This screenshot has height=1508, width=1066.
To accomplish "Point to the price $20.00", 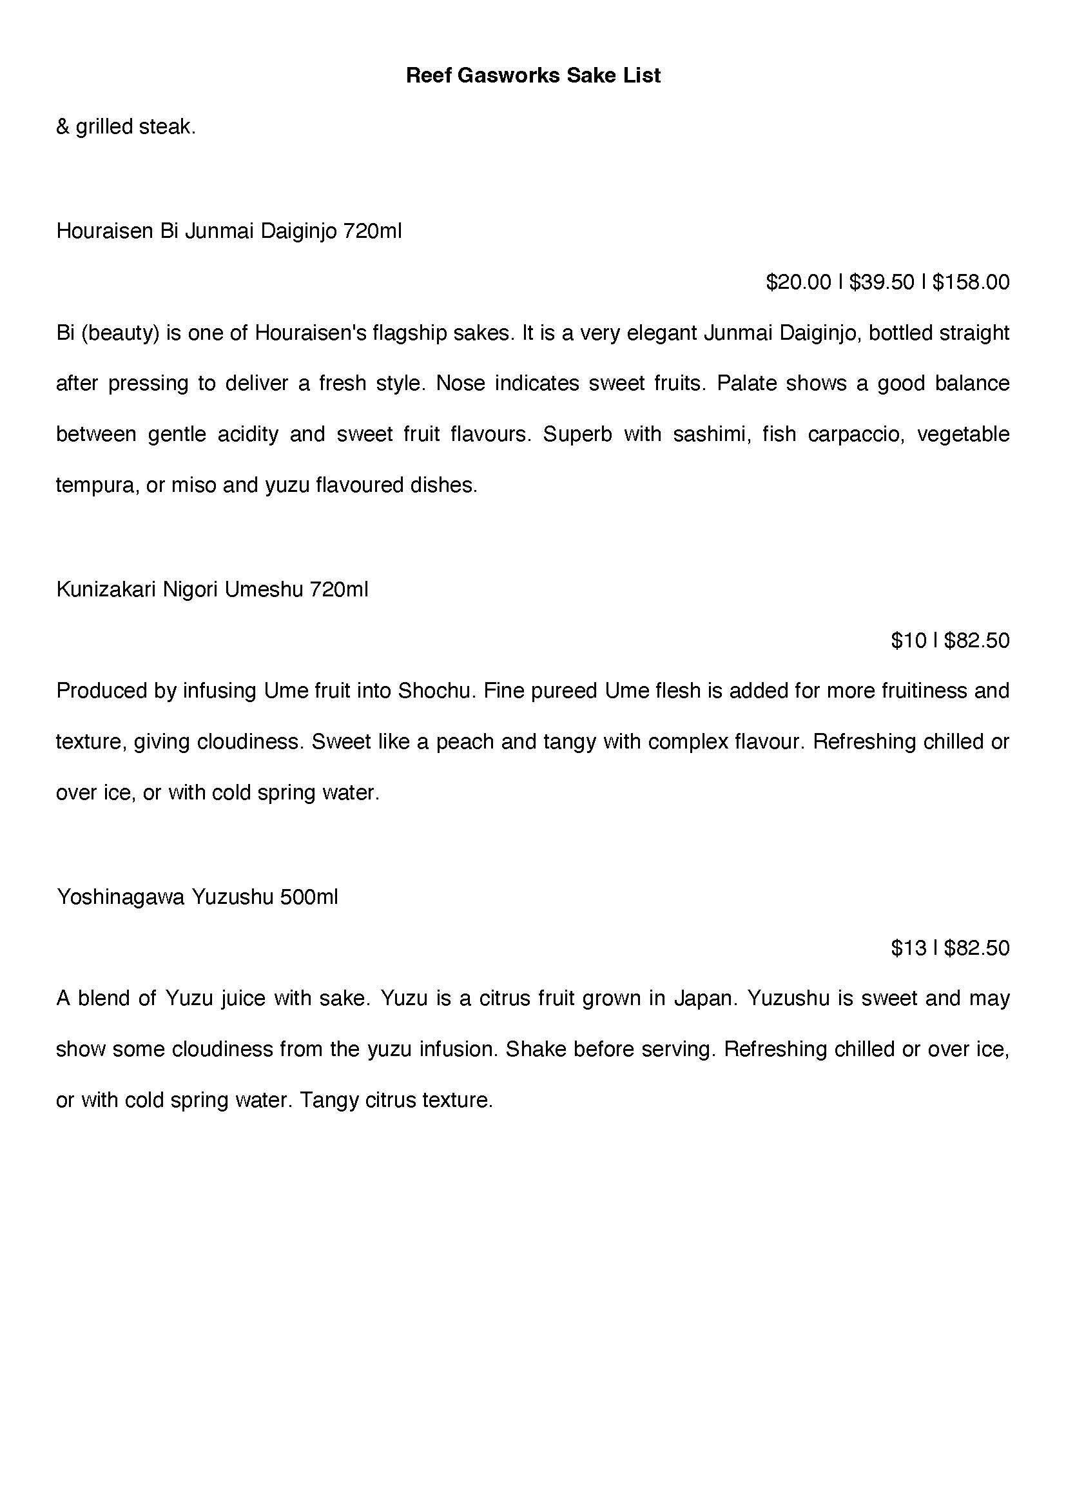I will (x=798, y=282).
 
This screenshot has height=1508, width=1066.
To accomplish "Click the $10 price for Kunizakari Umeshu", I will (x=909, y=640).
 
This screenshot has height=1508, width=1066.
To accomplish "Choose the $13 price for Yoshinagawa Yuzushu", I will (x=909, y=948).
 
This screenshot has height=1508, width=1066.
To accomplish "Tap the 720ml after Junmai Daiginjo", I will (x=372, y=231).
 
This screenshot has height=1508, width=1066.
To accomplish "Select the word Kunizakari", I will (x=105, y=589).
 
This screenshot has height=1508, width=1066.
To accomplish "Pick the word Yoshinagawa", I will (x=120, y=897).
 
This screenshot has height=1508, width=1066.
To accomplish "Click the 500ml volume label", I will (x=308, y=897).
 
